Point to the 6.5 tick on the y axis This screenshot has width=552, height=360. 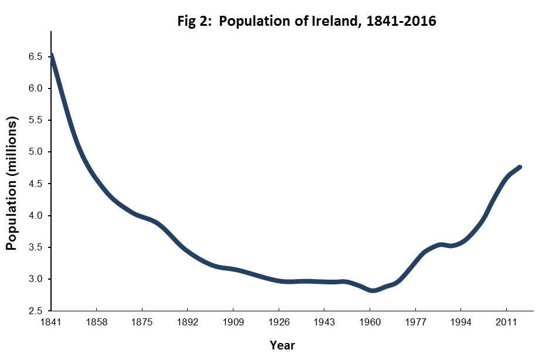(x=35, y=57)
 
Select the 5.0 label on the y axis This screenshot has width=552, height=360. (x=35, y=152)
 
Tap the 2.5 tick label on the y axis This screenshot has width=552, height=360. (x=35, y=311)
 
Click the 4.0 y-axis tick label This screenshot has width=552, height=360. (x=35, y=216)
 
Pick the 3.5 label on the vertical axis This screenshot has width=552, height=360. (x=35, y=247)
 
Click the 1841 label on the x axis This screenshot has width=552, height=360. (x=51, y=322)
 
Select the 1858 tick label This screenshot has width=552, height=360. (x=96, y=322)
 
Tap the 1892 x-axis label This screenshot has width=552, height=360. (x=188, y=322)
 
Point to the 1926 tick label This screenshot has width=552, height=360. (x=279, y=322)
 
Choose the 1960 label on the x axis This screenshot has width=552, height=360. (x=370, y=322)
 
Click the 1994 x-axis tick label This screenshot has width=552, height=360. (x=461, y=322)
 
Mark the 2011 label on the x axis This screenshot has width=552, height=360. (x=506, y=322)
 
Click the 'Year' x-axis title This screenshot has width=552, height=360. (x=282, y=345)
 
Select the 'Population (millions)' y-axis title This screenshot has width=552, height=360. (x=12, y=183)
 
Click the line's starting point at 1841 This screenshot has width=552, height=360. (x=52, y=55)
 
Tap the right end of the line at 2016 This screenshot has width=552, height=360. (x=520, y=167)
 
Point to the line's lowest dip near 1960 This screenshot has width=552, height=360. (x=373, y=290)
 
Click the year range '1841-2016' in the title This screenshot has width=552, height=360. (x=401, y=21)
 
